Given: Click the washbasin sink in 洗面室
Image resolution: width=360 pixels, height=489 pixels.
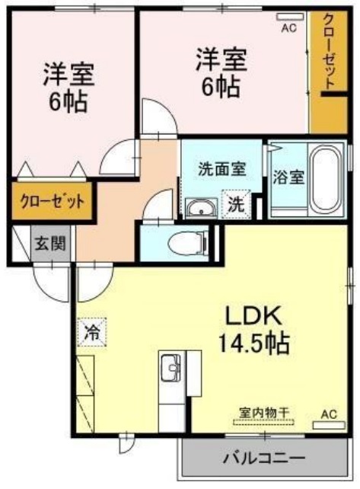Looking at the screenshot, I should [199, 206].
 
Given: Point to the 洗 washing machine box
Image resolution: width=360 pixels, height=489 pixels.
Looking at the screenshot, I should [235, 203].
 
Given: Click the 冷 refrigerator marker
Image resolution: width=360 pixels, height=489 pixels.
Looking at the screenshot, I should [91, 332].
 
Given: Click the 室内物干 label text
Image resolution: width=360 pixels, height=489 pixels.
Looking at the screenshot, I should [264, 411].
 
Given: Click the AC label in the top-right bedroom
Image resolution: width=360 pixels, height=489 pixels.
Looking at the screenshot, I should [288, 29].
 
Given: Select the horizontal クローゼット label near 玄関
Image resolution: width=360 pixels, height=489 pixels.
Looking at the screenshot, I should [51, 202].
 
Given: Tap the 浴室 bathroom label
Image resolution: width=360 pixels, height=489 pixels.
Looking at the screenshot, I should [288, 177].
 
